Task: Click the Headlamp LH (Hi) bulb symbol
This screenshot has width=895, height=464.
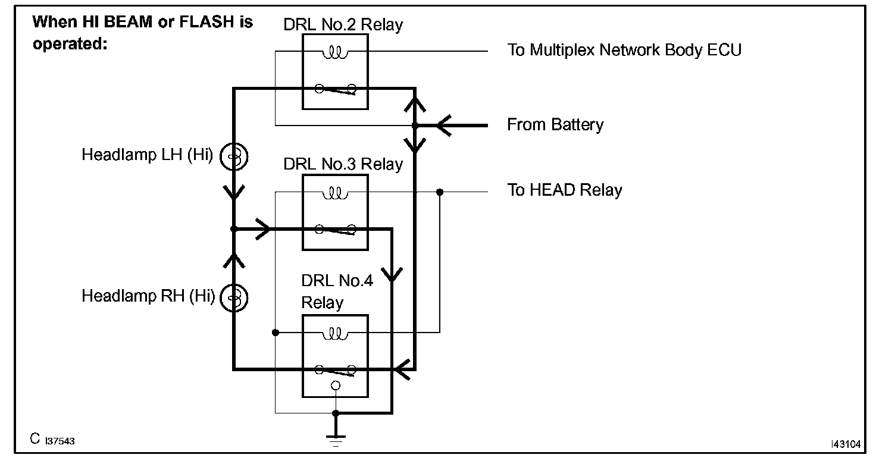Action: (233, 156)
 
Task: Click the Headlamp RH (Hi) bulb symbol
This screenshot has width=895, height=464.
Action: (233, 297)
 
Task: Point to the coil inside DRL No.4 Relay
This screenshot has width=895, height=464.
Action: (334, 334)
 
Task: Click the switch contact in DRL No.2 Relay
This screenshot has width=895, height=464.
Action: (335, 90)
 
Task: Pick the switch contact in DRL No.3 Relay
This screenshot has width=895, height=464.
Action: (335, 229)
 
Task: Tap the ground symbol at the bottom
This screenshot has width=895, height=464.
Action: (336, 439)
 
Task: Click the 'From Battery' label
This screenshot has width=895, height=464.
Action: (555, 125)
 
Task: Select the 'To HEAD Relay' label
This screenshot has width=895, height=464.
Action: (564, 190)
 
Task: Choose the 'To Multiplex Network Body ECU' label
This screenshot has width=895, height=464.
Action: (624, 50)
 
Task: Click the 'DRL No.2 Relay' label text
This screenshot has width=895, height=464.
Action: (343, 25)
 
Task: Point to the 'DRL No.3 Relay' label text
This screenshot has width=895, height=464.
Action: (343, 164)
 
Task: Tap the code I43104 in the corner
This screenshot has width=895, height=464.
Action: (845, 444)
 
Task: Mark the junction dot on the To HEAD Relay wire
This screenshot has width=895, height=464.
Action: (440, 192)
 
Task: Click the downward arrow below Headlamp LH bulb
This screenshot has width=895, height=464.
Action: (234, 192)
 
